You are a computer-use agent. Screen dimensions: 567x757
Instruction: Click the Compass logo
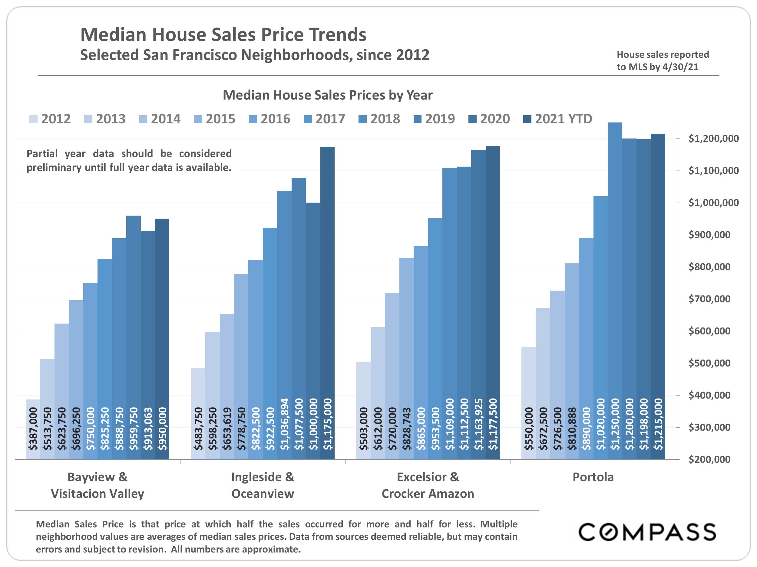[x=647, y=532]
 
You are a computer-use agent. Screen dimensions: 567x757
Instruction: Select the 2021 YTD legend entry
[x=558, y=119]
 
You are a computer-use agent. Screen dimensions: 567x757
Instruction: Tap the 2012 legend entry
[x=50, y=119]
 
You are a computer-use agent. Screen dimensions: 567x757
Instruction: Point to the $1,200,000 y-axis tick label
[x=713, y=138]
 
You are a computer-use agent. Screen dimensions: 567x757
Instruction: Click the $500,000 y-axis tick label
[x=709, y=363]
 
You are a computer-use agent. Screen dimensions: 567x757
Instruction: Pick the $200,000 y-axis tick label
[x=709, y=459]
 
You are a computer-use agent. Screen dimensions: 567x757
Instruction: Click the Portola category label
[x=593, y=477]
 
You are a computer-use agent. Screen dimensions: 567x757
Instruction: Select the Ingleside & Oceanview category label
[x=263, y=485]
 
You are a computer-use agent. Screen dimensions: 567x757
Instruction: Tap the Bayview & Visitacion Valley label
[x=98, y=485]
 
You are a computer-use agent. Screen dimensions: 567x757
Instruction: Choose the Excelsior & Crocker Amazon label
[x=428, y=485]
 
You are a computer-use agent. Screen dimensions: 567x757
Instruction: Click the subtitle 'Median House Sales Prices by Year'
[x=328, y=95]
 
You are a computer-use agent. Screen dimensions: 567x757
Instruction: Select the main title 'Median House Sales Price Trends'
[x=223, y=34]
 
